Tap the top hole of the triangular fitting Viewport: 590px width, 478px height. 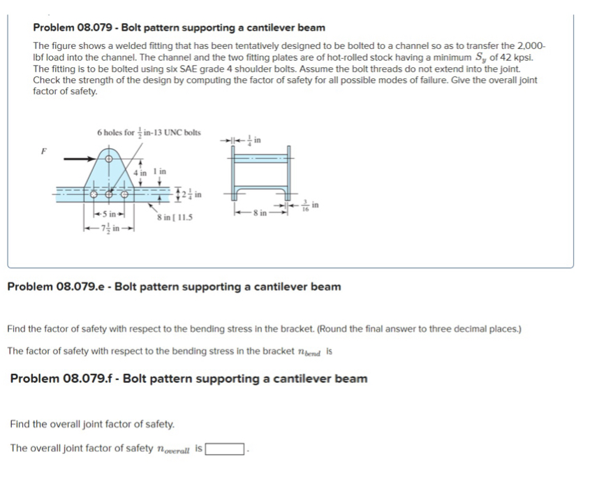click(108, 159)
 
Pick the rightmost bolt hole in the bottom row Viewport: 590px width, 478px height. click(126, 189)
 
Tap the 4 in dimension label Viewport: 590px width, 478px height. click(141, 171)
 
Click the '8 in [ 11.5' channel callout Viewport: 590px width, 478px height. click(175, 217)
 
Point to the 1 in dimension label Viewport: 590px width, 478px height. click(160, 171)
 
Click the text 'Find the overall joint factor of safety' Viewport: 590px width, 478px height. click(92, 424)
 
